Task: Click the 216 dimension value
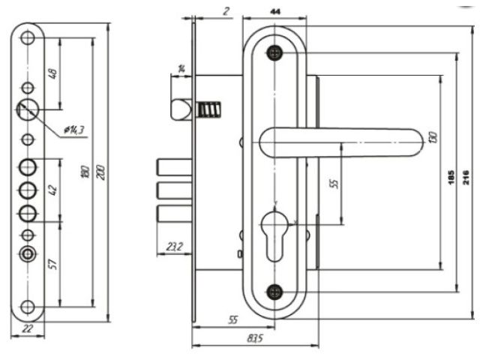point(466,178)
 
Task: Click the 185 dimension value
point(450,178)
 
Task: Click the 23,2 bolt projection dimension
point(174,246)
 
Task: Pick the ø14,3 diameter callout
point(73,130)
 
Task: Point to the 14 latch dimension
point(181,69)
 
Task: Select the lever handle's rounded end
point(412,141)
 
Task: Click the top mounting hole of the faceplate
point(28,36)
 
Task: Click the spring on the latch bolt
point(209,110)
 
